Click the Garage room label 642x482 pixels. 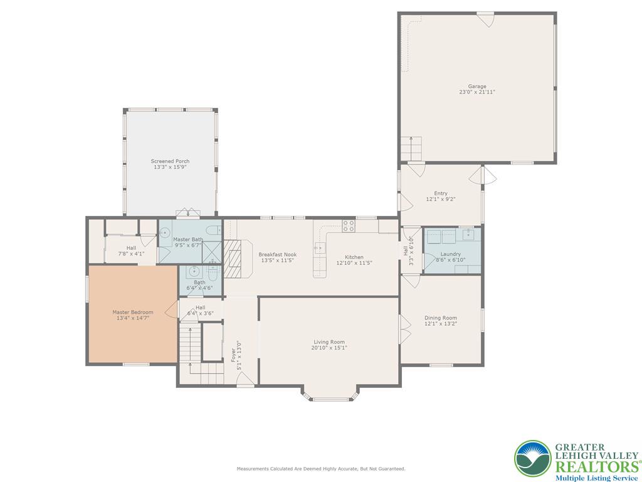pyautogui.click(x=476, y=87)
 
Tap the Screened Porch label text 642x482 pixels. pyautogui.click(x=170, y=161)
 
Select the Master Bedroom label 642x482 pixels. pyautogui.click(x=132, y=312)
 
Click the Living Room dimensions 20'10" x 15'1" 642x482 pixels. pyautogui.click(x=330, y=348)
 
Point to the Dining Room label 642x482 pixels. pyautogui.click(x=440, y=318)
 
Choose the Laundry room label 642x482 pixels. pyautogui.click(x=450, y=254)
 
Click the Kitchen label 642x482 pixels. pyautogui.click(x=354, y=257)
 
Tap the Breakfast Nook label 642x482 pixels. pyautogui.click(x=277, y=255)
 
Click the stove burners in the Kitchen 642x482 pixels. pyautogui.click(x=349, y=225)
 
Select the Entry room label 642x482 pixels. pyautogui.click(x=440, y=193)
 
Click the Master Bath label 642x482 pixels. pyautogui.click(x=187, y=239)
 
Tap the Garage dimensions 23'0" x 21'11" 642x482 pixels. pyautogui.click(x=476, y=92)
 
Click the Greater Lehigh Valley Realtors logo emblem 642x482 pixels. pyautogui.click(x=533, y=458)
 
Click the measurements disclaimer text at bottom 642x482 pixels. pyautogui.click(x=320, y=469)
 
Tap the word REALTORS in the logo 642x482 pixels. pyautogui.click(x=594, y=466)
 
